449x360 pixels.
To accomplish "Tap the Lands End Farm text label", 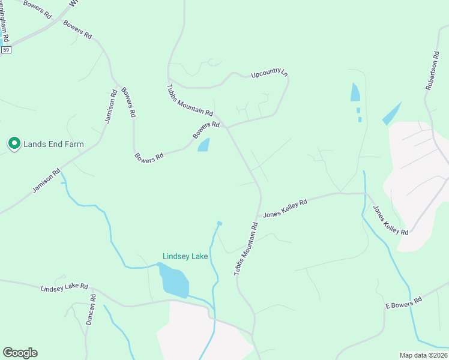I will (53, 144).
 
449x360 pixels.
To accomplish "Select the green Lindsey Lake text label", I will (185, 256).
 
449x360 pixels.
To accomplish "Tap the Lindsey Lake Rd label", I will (64, 288).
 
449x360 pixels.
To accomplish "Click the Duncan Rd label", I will (90, 310).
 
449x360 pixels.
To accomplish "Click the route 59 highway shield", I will (6, 50).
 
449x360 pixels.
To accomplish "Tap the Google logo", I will (20, 353).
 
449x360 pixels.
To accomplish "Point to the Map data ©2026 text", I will (424, 355).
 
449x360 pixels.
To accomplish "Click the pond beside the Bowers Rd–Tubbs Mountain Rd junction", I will (204, 145).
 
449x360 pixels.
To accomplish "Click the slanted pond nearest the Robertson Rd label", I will (391, 113).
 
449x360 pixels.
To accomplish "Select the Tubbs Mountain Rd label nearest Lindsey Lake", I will (246, 249).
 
